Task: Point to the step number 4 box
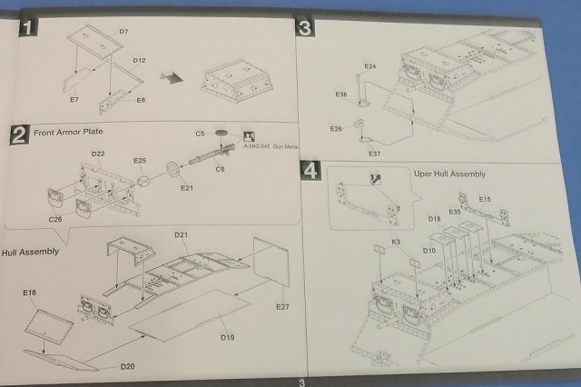click(311, 170)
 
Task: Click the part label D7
click(123, 33)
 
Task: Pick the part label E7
click(74, 98)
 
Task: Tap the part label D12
click(138, 61)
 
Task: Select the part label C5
click(200, 134)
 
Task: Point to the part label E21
click(186, 188)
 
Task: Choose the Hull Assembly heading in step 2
click(31, 251)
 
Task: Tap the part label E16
click(29, 293)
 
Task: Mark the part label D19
click(227, 338)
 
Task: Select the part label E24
click(369, 67)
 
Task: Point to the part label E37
click(374, 154)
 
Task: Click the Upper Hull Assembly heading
click(449, 174)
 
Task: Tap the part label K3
click(397, 242)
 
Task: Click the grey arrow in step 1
click(172, 78)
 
